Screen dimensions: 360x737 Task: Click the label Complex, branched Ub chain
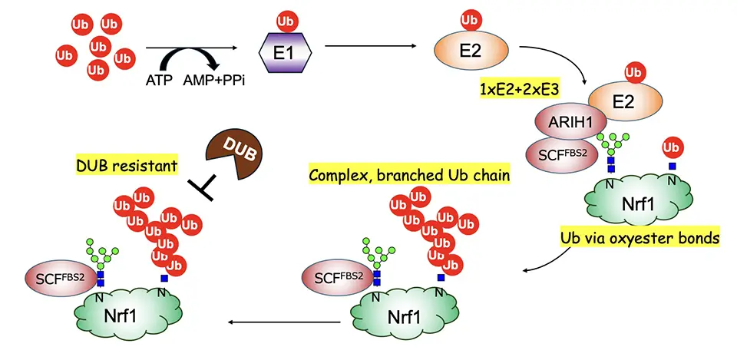[x=409, y=175]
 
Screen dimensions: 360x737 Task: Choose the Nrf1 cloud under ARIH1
[x=630, y=206]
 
